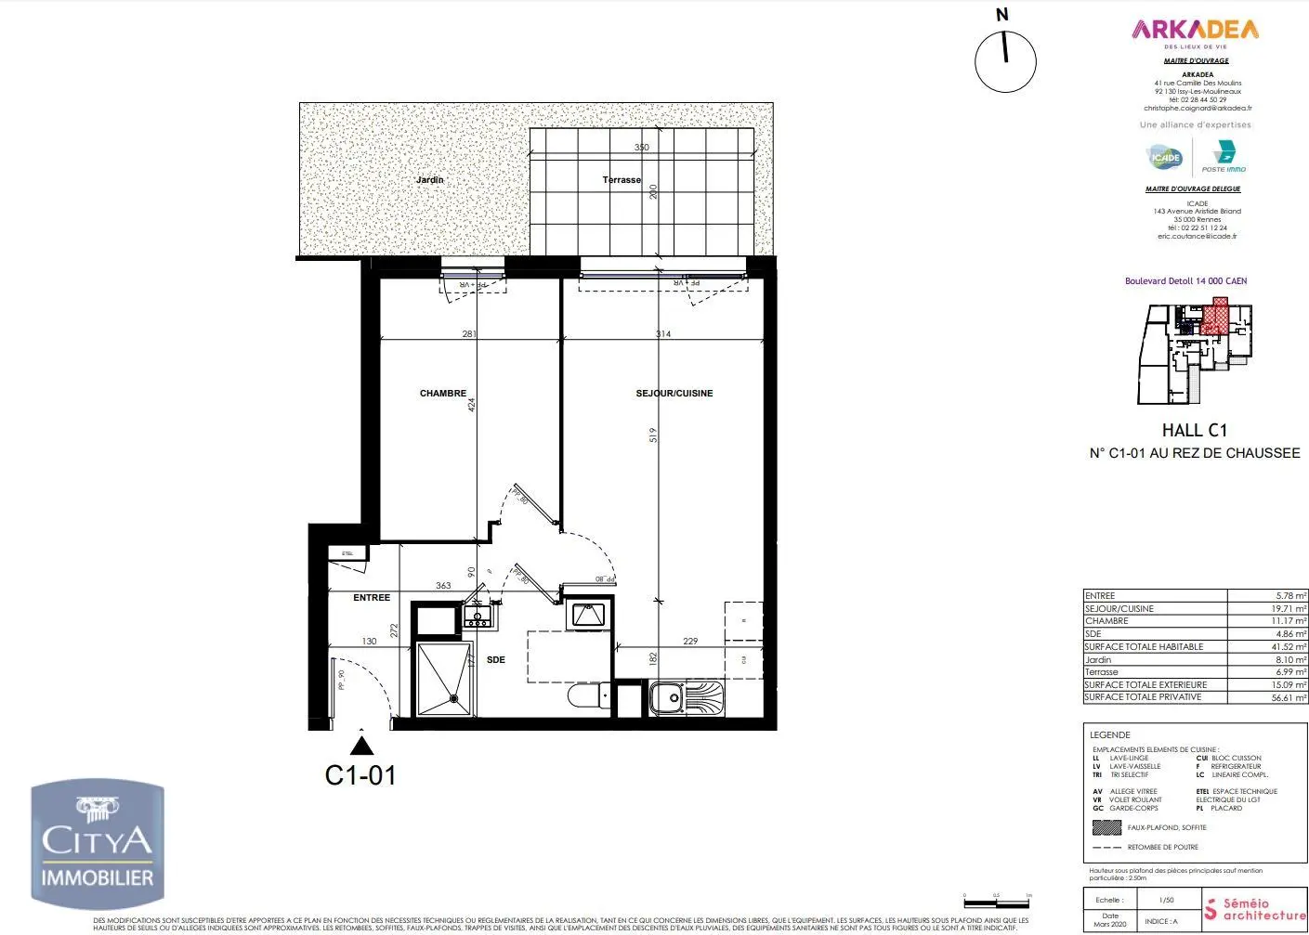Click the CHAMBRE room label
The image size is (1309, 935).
coord(442,394)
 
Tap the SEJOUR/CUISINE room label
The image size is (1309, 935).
coord(674,394)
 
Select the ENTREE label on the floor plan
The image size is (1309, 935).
coord(372,598)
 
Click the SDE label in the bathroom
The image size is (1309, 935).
coord(496,660)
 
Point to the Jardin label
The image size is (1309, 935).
coord(429,180)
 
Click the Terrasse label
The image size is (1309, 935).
coord(622,180)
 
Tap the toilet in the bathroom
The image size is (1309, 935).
coord(585,695)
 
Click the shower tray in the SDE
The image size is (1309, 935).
coord(445,680)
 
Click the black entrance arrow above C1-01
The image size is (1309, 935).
coord(361,744)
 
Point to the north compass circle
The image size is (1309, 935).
coord(1004,61)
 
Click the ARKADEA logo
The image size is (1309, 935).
coord(1195,31)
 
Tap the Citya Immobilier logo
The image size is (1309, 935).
coord(98,843)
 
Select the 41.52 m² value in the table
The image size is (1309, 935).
coord(1289,647)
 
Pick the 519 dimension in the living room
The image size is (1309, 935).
coord(653,435)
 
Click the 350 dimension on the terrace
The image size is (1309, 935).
coord(641,148)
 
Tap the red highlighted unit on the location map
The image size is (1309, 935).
coord(1214,318)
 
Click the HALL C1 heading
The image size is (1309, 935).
coord(1194,431)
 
